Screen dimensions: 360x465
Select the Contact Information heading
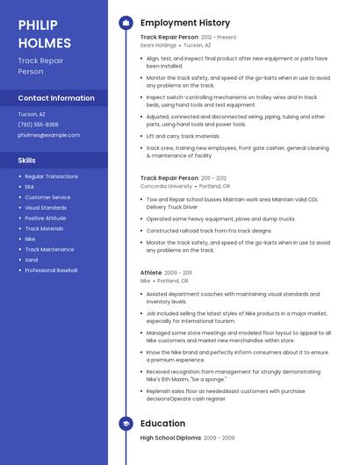(56, 98)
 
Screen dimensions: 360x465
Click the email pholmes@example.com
(49, 135)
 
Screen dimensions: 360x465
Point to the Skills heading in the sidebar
(27, 161)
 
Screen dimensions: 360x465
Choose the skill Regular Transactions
(51, 176)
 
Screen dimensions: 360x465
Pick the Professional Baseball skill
(51, 270)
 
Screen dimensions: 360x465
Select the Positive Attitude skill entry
(45, 218)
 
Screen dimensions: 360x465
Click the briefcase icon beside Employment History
(126, 23)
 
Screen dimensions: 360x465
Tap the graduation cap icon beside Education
(126, 423)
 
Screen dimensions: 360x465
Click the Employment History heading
(184, 23)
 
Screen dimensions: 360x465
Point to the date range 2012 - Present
(219, 38)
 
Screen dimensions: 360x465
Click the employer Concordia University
(166, 186)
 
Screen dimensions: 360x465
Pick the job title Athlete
(151, 273)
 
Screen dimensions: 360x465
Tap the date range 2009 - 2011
(178, 273)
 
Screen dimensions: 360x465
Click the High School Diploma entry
(170, 437)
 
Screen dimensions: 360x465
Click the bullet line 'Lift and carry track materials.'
(183, 136)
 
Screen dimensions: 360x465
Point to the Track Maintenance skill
(49, 249)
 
